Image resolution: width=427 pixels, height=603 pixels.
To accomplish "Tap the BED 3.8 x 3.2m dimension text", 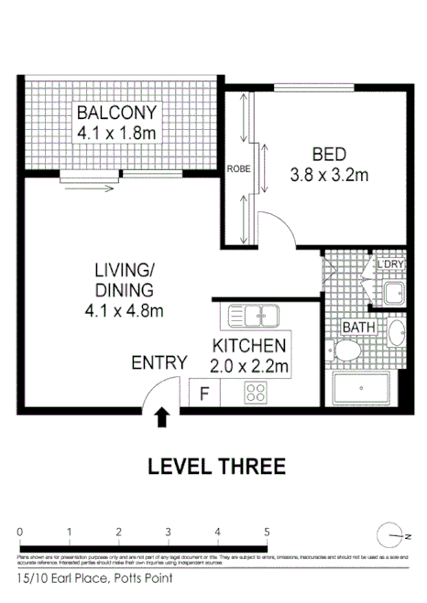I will (329, 174).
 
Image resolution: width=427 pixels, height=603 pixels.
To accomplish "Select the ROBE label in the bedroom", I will (240, 168).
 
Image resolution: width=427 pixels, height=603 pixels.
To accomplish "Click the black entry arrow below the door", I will (162, 417).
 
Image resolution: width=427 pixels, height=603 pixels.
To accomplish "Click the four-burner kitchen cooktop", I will (255, 393).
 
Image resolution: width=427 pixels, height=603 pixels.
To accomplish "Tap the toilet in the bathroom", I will (348, 350).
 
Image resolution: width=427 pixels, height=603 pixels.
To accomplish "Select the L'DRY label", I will (391, 265).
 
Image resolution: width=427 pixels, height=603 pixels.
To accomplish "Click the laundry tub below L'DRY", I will (394, 294).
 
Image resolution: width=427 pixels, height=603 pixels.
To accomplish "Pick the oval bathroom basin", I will (396, 331).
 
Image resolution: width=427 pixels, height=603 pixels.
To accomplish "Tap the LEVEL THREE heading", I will (216, 466).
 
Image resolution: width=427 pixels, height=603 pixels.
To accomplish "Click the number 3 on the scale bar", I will (168, 532).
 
